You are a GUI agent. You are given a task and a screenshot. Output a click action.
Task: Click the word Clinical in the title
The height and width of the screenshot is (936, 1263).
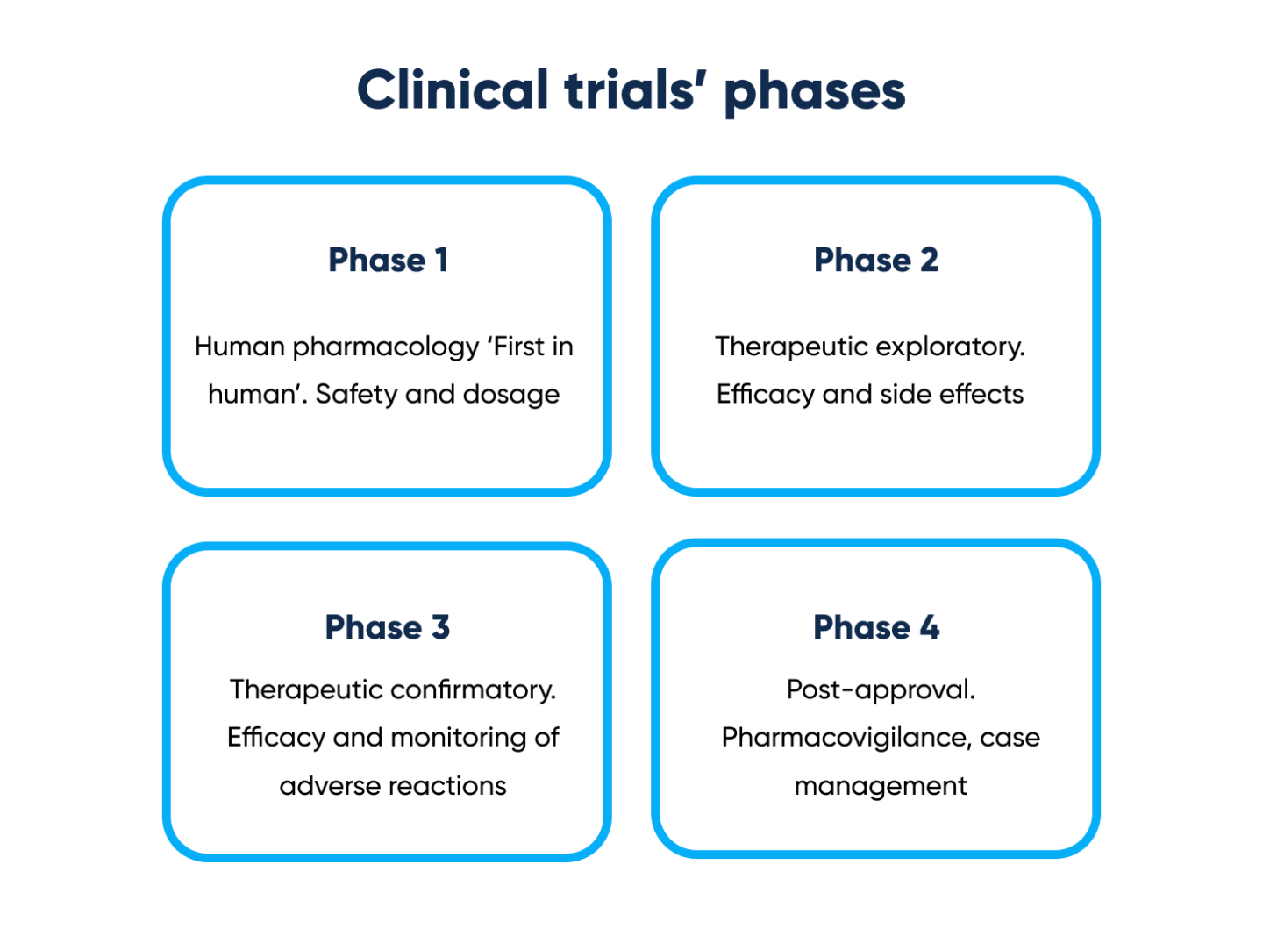(452, 90)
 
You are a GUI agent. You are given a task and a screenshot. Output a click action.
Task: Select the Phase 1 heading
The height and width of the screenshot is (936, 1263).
(388, 260)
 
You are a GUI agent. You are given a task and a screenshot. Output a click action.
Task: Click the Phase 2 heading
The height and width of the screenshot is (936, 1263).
(875, 260)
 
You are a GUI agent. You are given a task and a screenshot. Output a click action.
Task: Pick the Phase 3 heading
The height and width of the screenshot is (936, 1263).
(387, 627)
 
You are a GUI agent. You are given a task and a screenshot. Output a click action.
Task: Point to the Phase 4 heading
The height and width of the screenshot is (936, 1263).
(875, 627)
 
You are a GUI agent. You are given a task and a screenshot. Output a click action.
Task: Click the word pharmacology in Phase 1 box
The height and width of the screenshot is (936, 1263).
(386, 347)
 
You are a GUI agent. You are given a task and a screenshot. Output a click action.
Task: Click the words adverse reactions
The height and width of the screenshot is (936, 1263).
(393, 785)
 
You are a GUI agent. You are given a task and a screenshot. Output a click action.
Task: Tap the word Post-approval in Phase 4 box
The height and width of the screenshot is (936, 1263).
(880, 689)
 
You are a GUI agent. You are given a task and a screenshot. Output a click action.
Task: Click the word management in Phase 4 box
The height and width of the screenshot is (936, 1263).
(880, 786)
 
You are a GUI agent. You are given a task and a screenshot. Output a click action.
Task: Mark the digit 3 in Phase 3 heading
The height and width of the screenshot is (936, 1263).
(440, 627)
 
